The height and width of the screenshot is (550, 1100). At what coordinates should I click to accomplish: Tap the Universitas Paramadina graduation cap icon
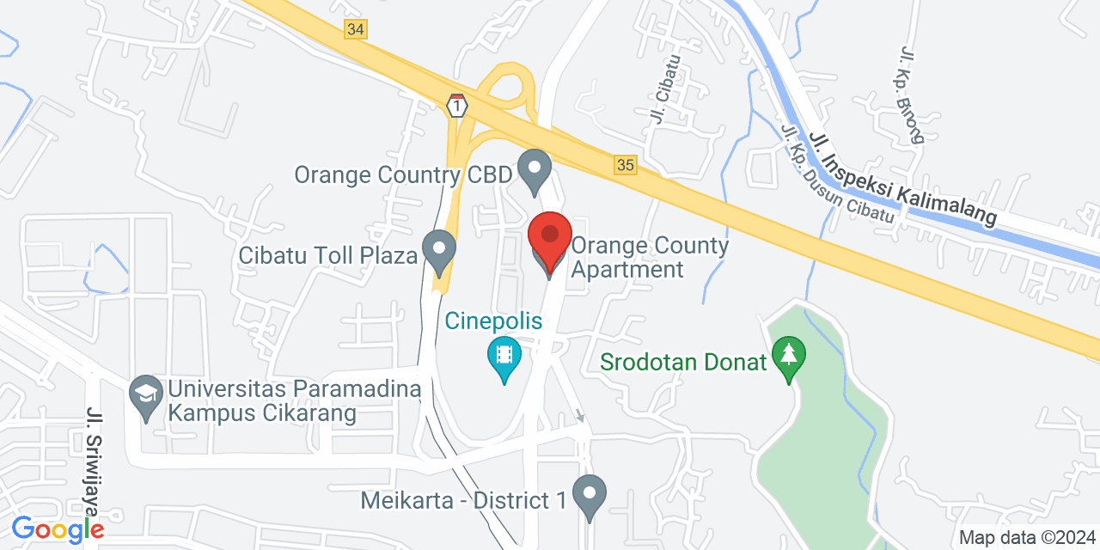pos(144,397)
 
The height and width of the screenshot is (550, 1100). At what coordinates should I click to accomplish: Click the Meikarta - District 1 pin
pos(589,497)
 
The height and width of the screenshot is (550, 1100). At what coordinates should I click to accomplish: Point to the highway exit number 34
pos(356,29)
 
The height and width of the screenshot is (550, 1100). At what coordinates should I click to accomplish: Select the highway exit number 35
pos(626,164)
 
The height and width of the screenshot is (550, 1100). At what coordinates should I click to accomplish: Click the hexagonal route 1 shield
pos(457,106)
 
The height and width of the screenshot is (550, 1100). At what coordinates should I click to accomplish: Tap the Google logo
pos(58,529)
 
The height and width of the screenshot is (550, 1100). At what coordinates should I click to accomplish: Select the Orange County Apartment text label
pos(650,257)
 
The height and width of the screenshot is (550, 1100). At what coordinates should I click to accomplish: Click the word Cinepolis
pos(493,321)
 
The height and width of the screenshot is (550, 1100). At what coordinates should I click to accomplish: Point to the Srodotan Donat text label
pos(682,362)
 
